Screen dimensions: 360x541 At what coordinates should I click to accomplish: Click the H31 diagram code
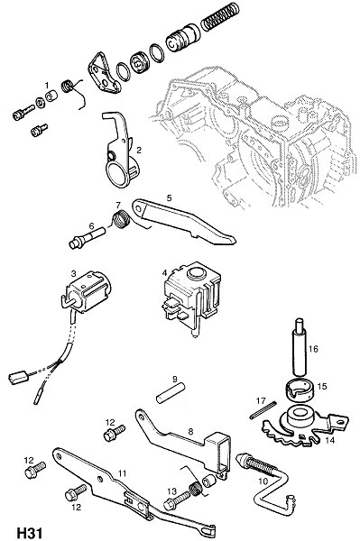pyautogui.click(x=30, y=533)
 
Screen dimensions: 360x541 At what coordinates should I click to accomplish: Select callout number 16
pyautogui.click(x=313, y=349)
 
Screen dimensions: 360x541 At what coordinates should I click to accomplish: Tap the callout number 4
pyautogui.click(x=164, y=273)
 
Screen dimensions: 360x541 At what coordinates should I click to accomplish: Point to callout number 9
pyautogui.click(x=175, y=380)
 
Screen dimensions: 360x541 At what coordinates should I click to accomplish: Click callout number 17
pyautogui.click(x=261, y=400)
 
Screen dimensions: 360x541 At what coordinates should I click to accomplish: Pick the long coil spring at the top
pyautogui.click(x=220, y=17)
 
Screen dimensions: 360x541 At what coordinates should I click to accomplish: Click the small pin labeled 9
pyautogui.click(x=171, y=393)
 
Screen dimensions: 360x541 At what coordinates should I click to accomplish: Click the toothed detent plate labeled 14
pyautogui.click(x=304, y=427)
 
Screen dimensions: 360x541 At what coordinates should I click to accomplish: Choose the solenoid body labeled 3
pyautogui.click(x=87, y=291)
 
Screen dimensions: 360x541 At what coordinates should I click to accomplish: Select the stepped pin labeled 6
pyautogui.click(x=87, y=238)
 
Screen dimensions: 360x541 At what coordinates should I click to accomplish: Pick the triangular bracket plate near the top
pyautogui.click(x=103, y=74)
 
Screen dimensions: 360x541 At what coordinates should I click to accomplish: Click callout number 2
pyautogui.click(x=139, y=150)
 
